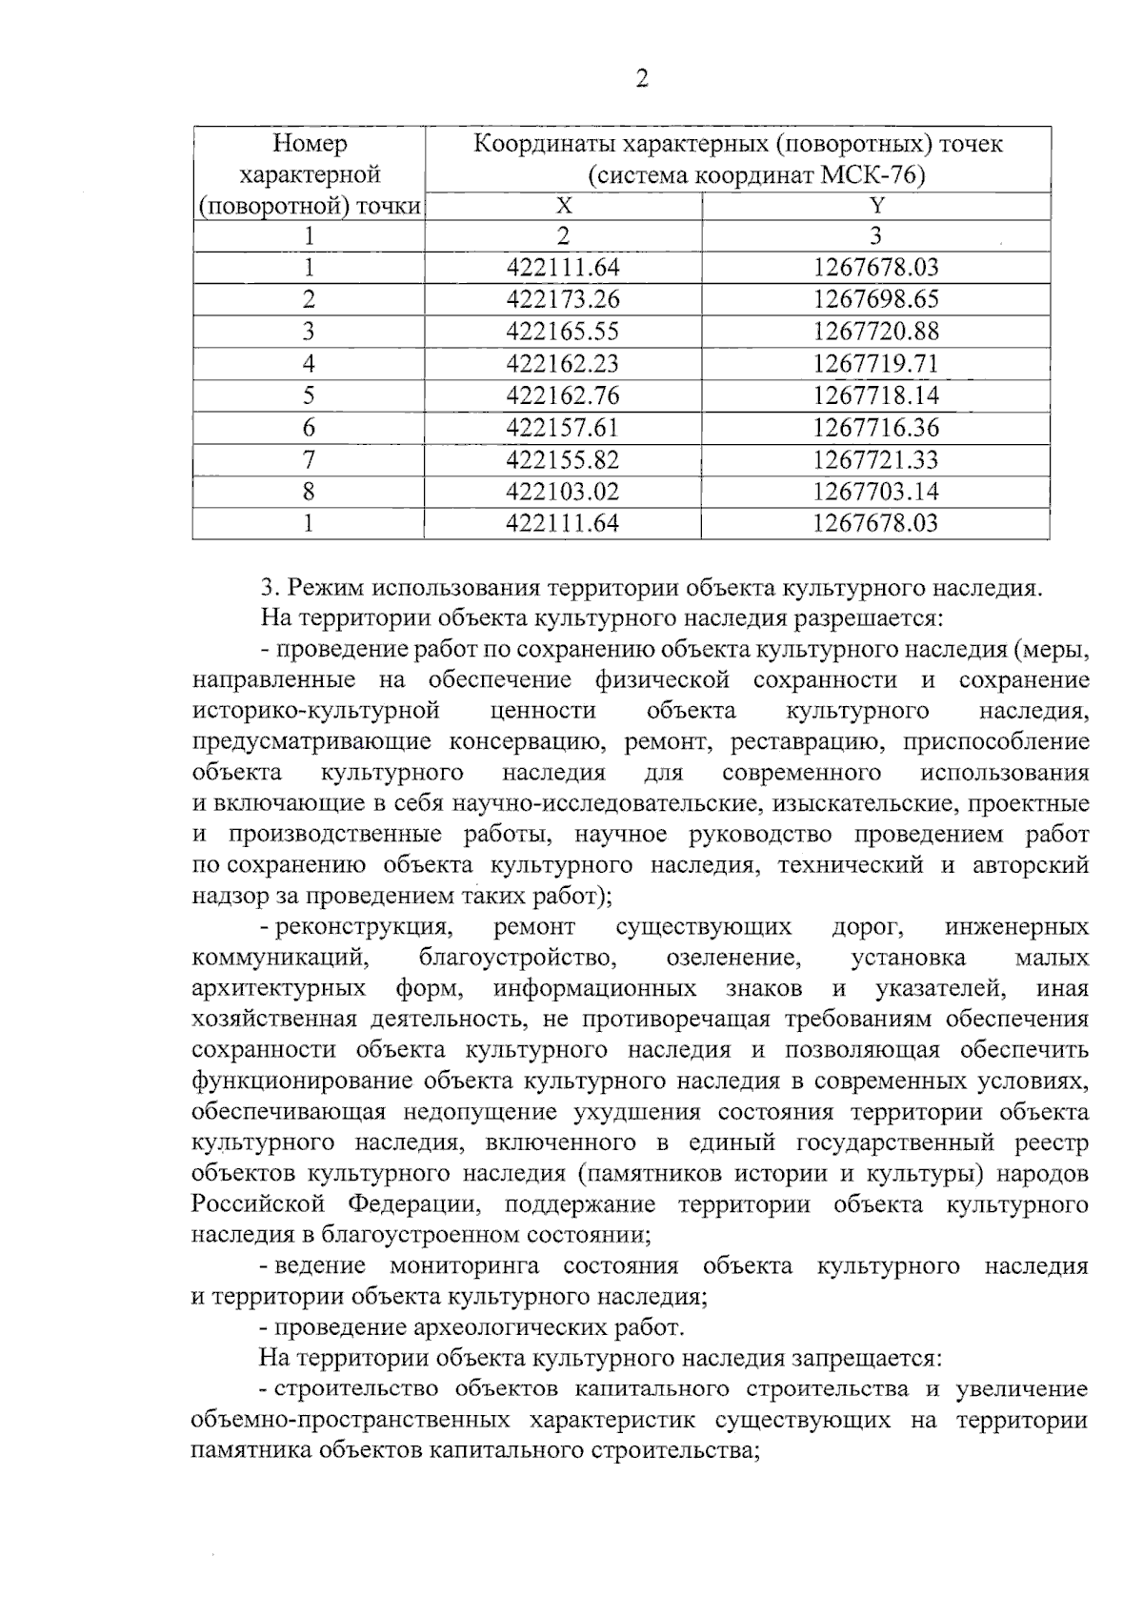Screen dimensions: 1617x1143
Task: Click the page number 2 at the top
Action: point(641,79)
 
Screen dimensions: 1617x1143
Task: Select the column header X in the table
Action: point(564,206)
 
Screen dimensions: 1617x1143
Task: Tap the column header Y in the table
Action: point(877,206)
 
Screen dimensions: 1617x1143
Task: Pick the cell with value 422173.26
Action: point(563,300)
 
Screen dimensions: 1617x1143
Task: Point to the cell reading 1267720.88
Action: point(875,332)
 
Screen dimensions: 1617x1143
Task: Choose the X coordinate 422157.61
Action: point(563,428)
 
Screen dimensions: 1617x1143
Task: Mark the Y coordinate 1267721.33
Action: point(875,460)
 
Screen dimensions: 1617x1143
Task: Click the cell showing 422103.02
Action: point(563,492)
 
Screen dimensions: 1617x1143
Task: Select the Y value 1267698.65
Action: point(875,300)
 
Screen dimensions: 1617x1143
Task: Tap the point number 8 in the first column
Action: point(309,492)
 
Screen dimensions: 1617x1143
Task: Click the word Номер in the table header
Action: point(311,144)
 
